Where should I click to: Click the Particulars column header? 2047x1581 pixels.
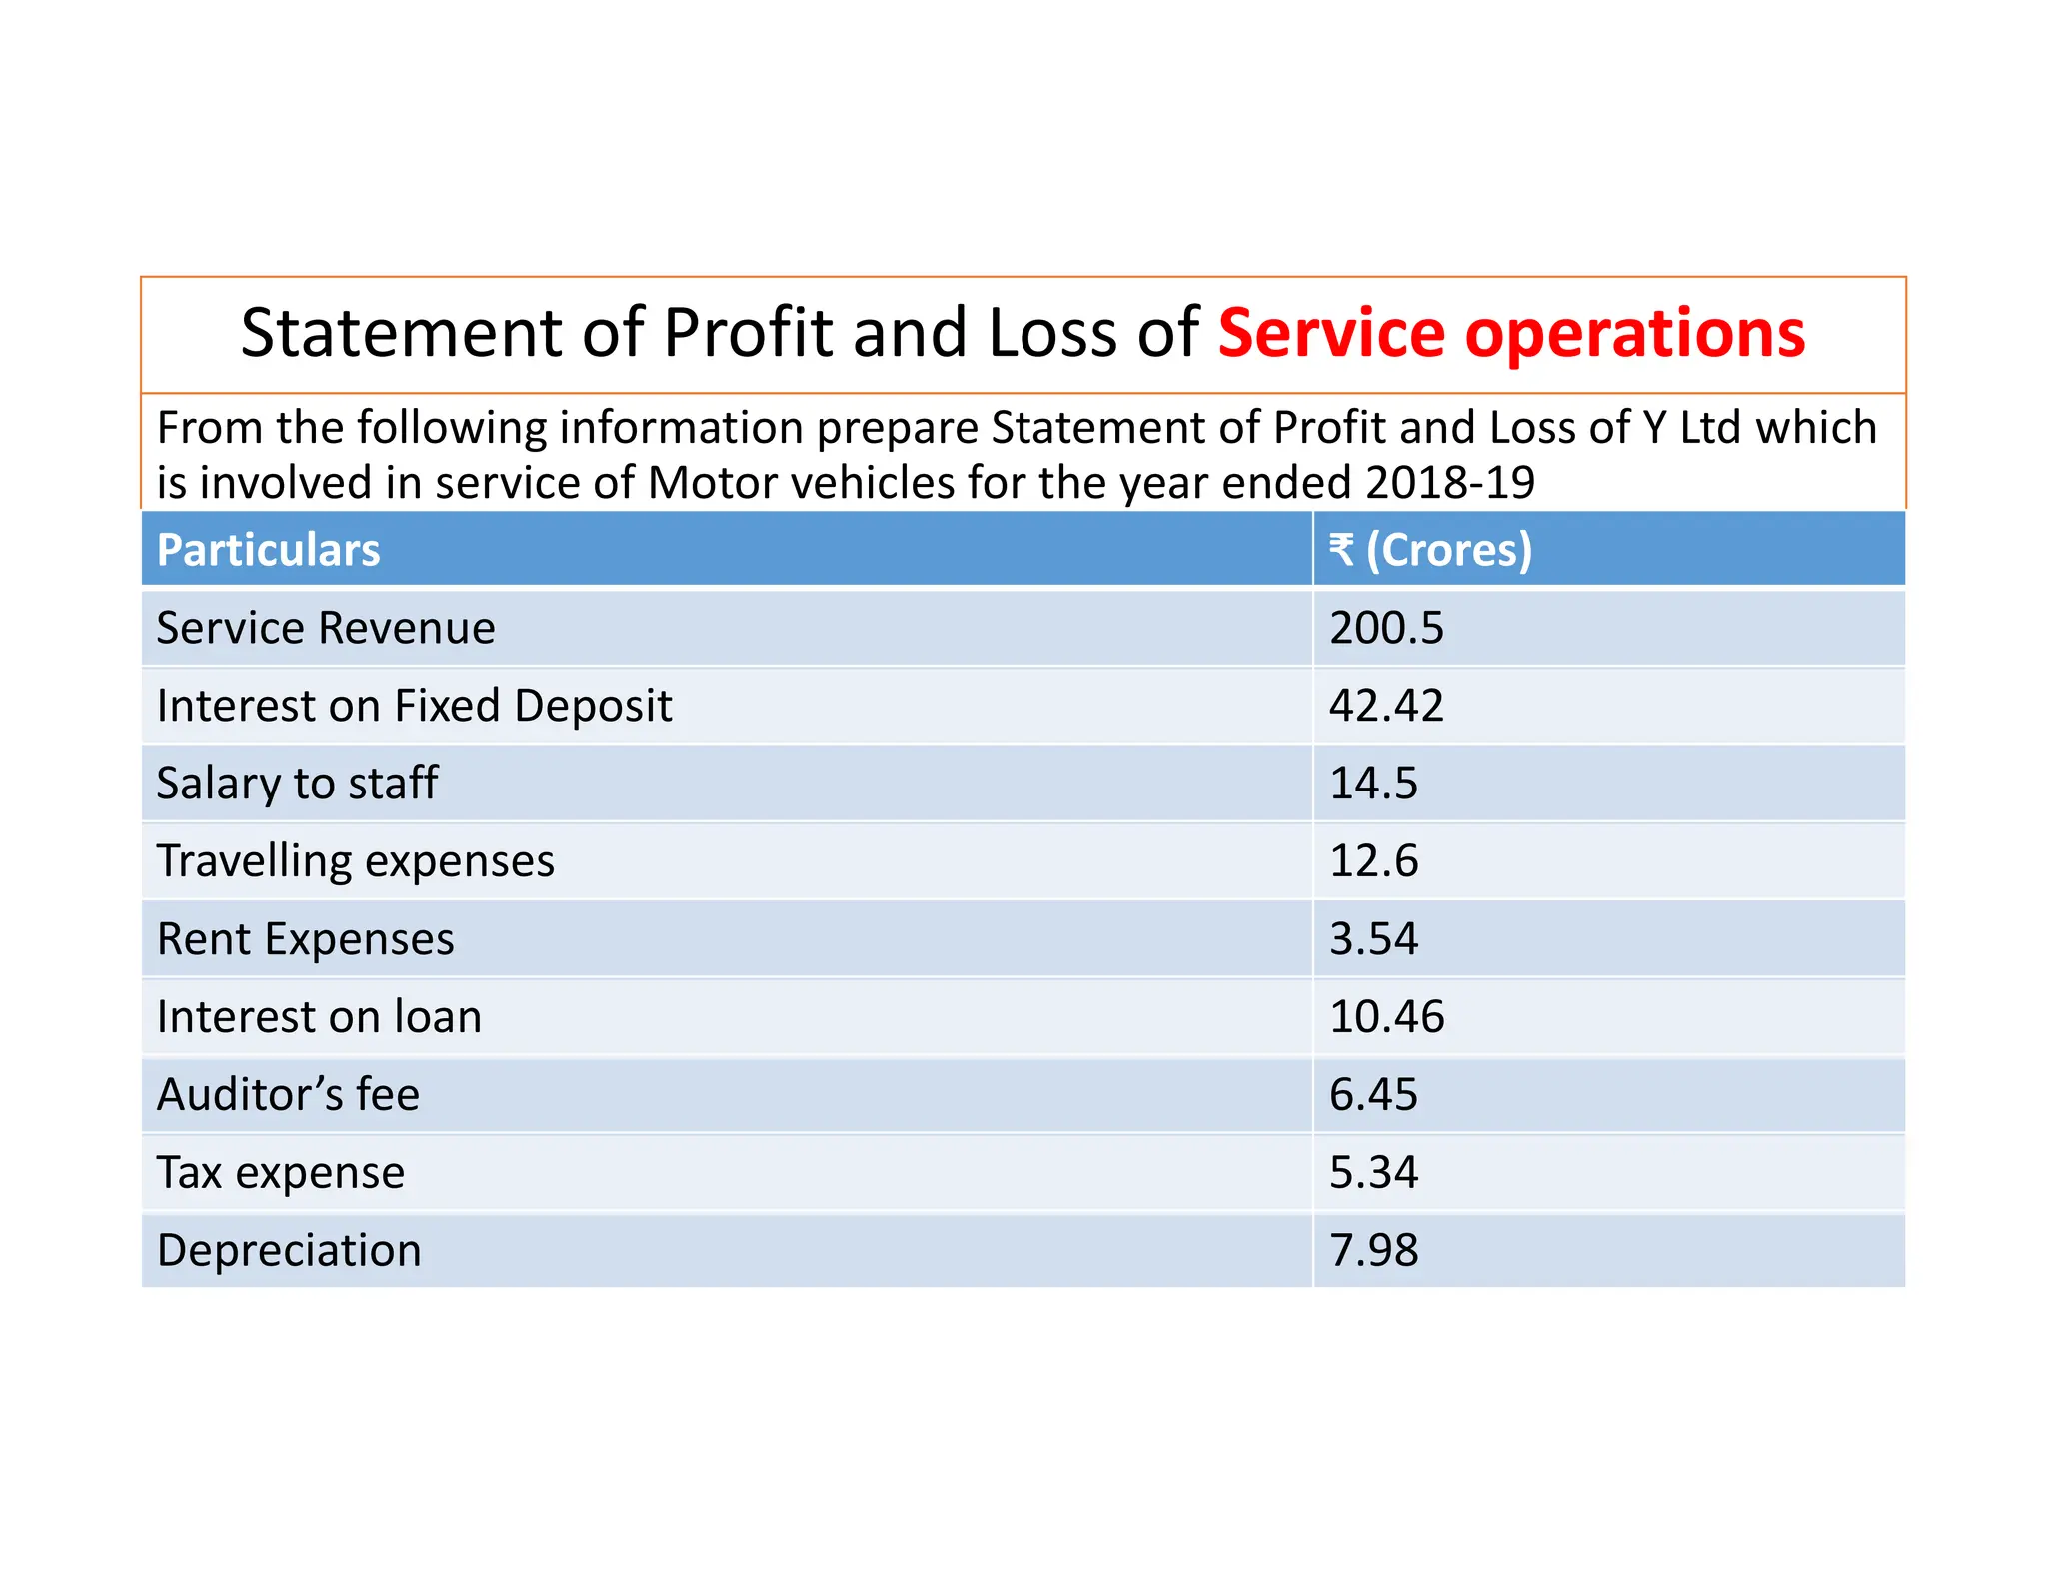268,550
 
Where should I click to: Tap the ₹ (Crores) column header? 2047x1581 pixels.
1429,550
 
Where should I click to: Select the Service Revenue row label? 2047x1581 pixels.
326,628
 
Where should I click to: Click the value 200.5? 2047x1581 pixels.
1386,628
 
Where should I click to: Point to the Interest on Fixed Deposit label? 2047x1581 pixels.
414,706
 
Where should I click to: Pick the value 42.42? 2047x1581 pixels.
1386,706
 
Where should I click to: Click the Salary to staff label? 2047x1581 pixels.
297,784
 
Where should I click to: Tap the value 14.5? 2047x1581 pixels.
1373,784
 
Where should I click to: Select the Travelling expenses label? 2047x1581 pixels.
355,861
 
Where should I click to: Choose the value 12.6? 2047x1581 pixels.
1373,861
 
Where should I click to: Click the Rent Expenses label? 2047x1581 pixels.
305,939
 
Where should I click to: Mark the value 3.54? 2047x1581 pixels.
1373,939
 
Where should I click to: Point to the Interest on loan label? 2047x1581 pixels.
319,1017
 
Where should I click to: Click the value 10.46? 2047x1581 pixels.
1386,1017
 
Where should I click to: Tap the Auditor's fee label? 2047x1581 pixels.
288,1095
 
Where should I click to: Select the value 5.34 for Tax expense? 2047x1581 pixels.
1373,1172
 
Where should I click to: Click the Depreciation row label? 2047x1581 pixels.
289,1251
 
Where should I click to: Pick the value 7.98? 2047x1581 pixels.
1373,1251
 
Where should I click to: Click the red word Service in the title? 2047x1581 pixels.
1331,333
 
